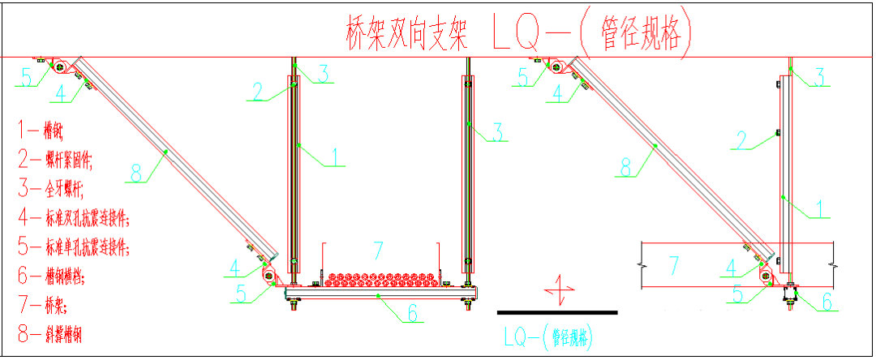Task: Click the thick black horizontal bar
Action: click(556, 311)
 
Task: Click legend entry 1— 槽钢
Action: click(42, 127)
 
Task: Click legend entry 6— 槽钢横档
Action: click(56, 275)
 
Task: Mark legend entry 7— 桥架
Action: click(45, 304)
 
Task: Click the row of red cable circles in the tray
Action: click(381, 280)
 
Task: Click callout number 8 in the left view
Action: click(136, 172)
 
